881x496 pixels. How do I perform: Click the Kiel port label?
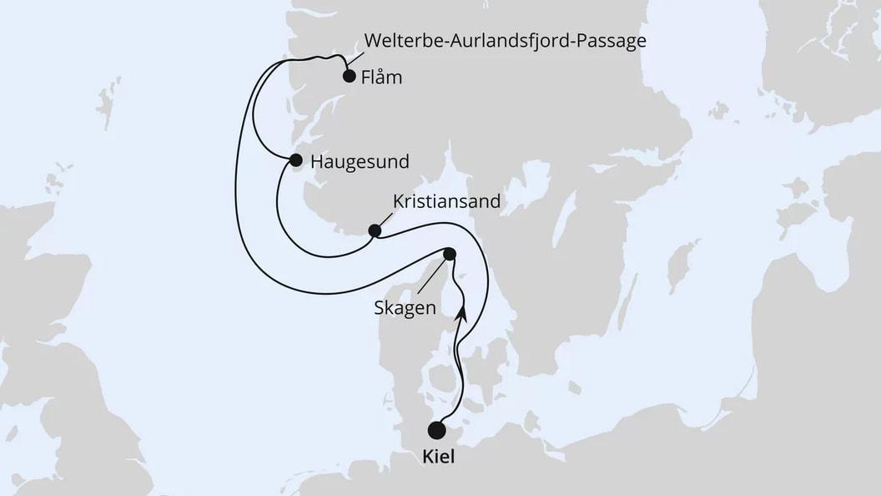(437, 458)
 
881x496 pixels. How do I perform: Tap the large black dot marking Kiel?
(436, 430)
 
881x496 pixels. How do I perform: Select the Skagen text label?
(405, 308)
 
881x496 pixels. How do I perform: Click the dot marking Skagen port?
(450, 254)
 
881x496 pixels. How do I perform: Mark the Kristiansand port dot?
(375, 230)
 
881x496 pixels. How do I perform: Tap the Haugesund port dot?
(295, 159)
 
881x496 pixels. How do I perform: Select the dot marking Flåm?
(350, 76)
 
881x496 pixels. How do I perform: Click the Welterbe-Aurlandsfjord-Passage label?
(504, 40)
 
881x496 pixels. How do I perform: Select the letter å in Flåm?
(384, 78)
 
